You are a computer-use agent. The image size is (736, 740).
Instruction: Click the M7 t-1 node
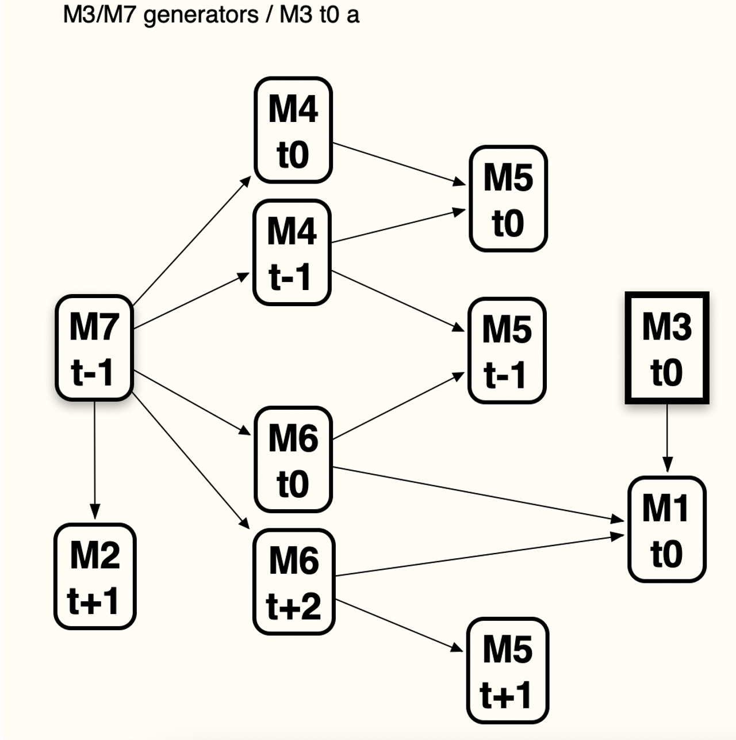[x=94, y=348]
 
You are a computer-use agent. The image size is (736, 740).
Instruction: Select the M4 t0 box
[x=293, y=130]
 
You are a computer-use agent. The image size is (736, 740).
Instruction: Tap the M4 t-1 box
[x=292, y=252]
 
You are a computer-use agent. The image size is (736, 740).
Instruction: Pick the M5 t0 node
[x=508, y=199]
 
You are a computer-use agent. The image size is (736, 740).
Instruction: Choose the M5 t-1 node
[x=507, y=350]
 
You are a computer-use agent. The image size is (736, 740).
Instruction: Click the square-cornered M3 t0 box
[x=667, y=348]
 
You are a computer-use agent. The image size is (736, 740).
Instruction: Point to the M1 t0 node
[x=666, y=529]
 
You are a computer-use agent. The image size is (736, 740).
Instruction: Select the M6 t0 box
[x=293, y=459]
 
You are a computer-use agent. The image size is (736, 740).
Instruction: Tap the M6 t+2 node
[x=294, y=581]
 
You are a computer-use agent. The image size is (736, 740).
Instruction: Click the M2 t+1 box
[x=95, y=576]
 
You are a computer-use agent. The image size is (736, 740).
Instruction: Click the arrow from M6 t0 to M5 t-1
[x=398, y=406]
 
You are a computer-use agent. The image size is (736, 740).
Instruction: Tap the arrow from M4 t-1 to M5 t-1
[x=398, y=301]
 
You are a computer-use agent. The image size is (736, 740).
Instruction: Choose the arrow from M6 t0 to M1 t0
[x=477, y=493]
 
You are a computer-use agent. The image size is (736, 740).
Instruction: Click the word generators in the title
[x=201, y=14]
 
